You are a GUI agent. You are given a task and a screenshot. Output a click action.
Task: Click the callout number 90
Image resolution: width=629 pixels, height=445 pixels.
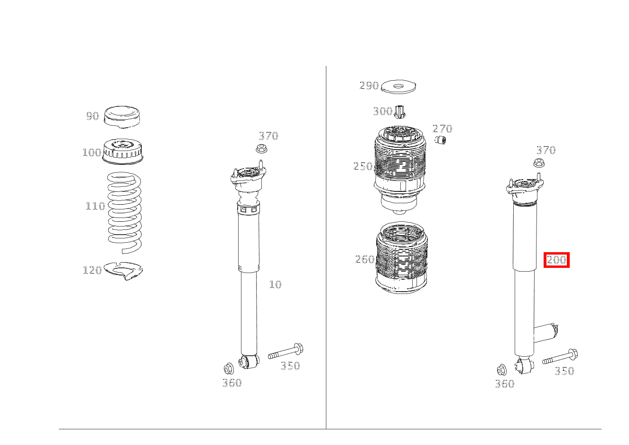tap(92, 116)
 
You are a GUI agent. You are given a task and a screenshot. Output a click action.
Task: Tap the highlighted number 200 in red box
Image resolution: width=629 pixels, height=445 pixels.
tap(556, 260)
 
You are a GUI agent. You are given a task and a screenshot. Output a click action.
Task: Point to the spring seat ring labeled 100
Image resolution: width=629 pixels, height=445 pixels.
tap(123, 151)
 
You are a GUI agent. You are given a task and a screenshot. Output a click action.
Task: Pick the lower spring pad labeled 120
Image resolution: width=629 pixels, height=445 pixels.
tap(123, 270)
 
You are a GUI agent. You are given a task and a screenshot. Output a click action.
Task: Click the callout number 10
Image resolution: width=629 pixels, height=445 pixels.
tap(275, 284)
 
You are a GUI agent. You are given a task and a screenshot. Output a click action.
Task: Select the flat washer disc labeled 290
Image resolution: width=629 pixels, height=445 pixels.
tap(398, 86)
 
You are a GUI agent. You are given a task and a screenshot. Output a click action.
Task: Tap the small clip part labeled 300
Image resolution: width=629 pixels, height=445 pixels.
tap(400, 111)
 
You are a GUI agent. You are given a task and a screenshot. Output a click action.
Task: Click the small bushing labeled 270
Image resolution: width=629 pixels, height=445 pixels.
tap(441, 140)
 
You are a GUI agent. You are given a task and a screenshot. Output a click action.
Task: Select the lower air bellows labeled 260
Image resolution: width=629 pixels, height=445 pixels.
tap(401, 259)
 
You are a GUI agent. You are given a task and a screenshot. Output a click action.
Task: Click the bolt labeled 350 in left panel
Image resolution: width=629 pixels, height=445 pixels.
tap(286, 352)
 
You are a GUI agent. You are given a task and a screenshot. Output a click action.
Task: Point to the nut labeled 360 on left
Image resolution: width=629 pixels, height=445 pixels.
tap(229, 368)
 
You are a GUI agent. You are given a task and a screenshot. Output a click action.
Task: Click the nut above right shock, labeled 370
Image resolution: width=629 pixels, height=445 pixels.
tap(539, 163)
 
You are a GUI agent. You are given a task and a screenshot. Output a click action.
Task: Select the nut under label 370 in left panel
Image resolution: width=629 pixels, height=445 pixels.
tap(261, 148)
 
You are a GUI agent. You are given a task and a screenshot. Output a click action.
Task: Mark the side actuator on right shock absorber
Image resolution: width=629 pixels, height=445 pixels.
tap(546, 331)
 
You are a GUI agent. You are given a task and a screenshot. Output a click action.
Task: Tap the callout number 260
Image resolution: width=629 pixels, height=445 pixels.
tap(364, 259)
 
